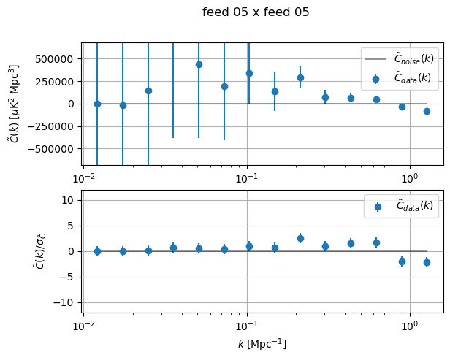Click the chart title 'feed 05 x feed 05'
[256, 12]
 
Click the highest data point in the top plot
[199, 64]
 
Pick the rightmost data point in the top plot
[427, 111]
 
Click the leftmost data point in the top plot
[97, 104]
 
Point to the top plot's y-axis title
[15, 102]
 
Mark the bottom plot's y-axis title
[15, 250]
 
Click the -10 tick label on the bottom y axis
[64, 302]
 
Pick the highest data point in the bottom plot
[300, 238]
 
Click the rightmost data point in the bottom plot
[427, 262]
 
